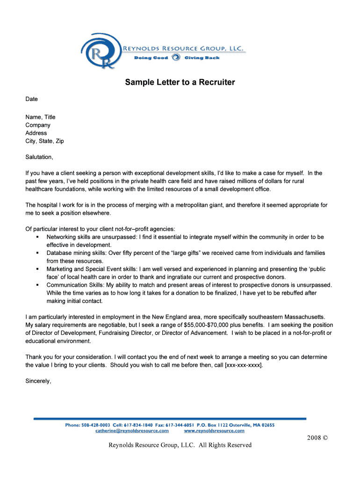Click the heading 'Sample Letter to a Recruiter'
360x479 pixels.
180,83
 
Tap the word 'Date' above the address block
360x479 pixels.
31,99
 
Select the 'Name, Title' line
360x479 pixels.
40,117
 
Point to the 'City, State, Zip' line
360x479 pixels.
44,141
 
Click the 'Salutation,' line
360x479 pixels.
39,157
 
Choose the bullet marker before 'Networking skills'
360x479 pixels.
36,237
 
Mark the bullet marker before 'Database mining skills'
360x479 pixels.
36,253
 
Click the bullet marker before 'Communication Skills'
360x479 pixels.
36,285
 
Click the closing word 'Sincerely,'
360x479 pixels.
38,381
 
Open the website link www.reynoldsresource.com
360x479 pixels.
214,430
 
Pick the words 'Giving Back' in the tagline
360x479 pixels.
202,58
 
